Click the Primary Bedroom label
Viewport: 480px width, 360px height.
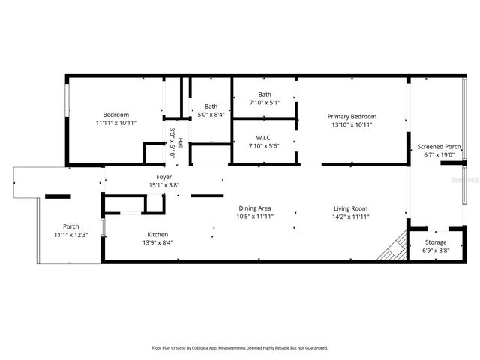351,116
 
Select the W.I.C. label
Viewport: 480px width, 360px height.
264,137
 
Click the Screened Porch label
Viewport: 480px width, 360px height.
439,146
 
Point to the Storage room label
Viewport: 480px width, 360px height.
436,242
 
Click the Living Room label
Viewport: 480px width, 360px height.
350,208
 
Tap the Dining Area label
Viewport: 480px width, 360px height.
254,208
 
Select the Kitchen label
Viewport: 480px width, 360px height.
157,235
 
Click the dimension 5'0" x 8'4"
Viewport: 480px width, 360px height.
211,115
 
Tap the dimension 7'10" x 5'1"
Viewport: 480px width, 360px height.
264,103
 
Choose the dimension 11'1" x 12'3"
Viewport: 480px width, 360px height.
71,235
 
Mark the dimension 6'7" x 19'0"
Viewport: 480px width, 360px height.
439,155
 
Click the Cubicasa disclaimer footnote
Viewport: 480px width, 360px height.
240,348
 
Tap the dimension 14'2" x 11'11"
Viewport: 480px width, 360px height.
350,217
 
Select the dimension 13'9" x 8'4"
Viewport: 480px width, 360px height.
157,243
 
